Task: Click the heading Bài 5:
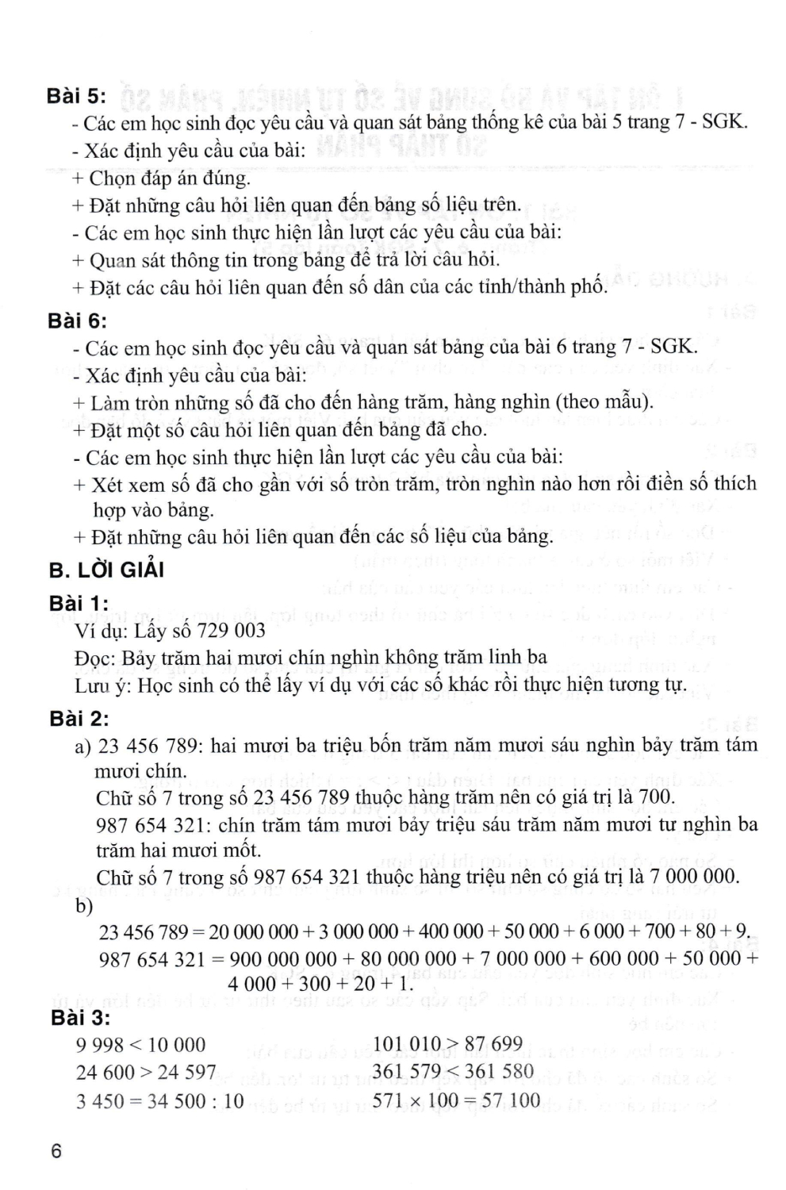coord(76,96)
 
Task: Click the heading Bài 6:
coord(76,321)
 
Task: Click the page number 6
coord(56,1151)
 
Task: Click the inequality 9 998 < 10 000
coord(140,1045)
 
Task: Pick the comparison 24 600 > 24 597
coord(146,1073)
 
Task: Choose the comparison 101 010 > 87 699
coord(447,1045)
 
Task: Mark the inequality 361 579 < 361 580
coord(454,1073)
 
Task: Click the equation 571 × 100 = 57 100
coord(456,1100)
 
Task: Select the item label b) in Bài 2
coord(84,905)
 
